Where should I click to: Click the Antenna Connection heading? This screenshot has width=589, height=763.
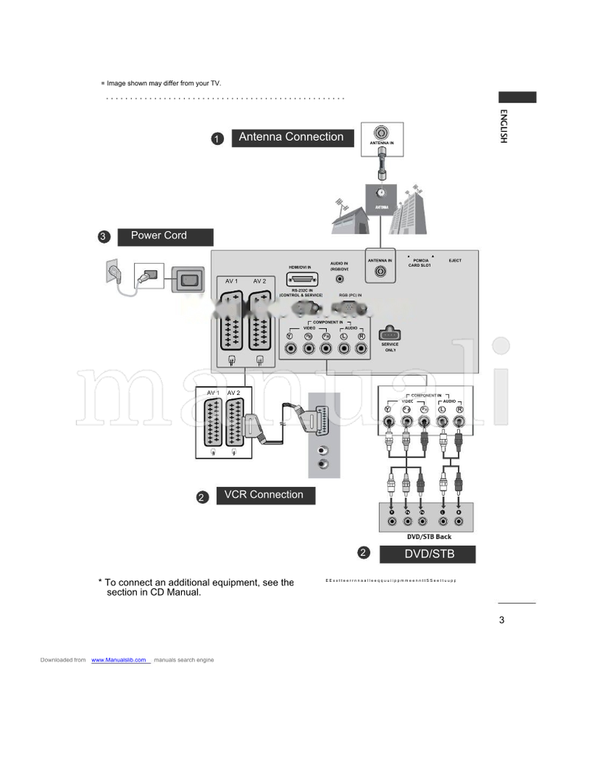pyautogui.click(x=291, y=137)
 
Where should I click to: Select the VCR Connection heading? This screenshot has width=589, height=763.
pyautogui.click(x=264, y=495)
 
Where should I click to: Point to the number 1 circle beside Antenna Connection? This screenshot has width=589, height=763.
pyautogui.click(x=218, y=138)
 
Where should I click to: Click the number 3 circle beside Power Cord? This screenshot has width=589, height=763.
pyautogui.click(x=104, y=237)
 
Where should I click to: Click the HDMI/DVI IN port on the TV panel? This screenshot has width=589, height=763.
pyautogui.click(x=302, y=279)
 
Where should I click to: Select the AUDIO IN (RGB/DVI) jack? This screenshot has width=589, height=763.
pyautogui.click(x=339, y=280)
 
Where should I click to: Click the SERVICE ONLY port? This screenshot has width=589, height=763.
pyautogui.click(x=389, y=334)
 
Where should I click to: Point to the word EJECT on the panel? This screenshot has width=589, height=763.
pyautogui.click(x=455, y=261)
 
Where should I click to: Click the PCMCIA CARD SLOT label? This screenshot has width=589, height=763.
pyautogui.click(x=420, y=263)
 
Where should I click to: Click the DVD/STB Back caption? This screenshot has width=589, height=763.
pyautogui.click(x=428, y=537)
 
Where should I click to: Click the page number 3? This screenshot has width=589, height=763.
pyautogui.click(x=501, y=620)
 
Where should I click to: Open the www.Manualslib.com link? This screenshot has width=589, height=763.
pyautogui.click(x=119, y=660)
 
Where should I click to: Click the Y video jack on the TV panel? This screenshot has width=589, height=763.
pyautogui.click(x=289, y=347)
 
